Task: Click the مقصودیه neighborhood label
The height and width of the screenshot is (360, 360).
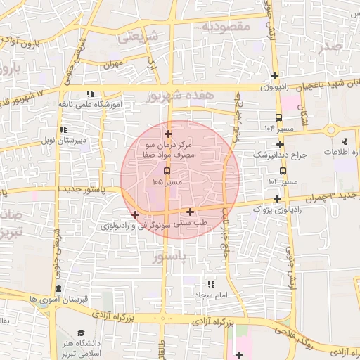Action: [226, 26]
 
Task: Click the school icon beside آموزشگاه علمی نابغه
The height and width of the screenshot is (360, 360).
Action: [89, 94]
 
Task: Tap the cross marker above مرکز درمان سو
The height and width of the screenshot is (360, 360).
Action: [167, 134]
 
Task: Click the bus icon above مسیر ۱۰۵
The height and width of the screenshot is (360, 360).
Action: [167, 171]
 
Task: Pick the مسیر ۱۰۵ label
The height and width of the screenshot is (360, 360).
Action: [167, 182]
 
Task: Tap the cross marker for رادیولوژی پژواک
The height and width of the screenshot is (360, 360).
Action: [278, 198]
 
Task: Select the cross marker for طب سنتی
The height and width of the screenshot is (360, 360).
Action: [190, 212]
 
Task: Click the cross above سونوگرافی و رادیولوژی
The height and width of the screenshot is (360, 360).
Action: [135, 214]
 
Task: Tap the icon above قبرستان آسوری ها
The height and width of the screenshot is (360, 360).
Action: [58, 288]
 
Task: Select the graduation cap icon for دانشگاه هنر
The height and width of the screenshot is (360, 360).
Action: [82, 333]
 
